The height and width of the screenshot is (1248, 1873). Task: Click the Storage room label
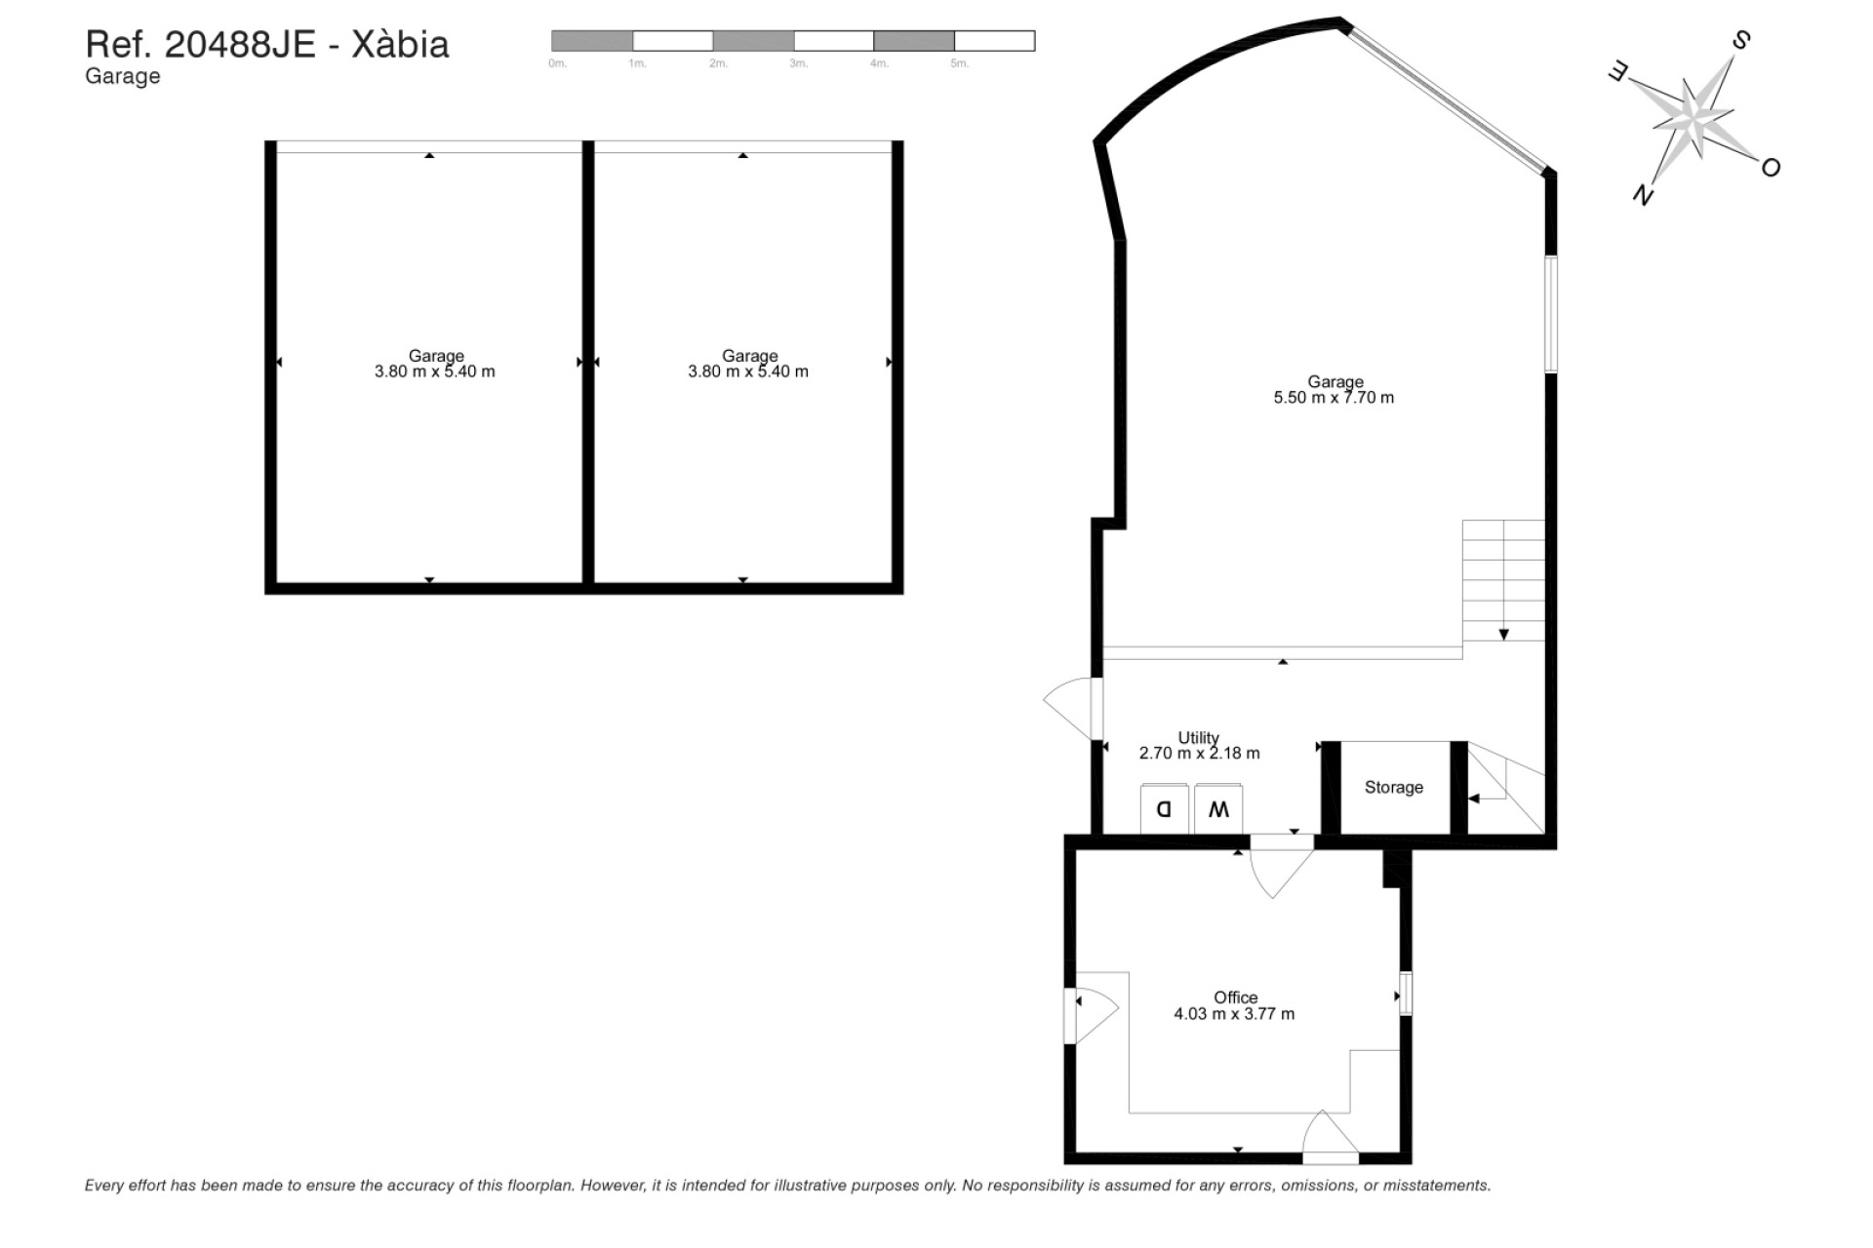pyautogui.click(x=1393, y=788)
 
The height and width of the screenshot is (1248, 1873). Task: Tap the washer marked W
pyautogui.click(x=1218, y=809)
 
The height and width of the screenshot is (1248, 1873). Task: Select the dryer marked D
pyautogui.click(x=1164, y=809)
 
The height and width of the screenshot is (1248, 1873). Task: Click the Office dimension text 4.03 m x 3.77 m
pyautogui.click(x=1234, y=1014)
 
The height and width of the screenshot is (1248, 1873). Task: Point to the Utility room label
pyautogui.click(x=1198, y=738)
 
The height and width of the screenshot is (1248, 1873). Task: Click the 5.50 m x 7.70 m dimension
pyautogui.click(x=1334, y=398)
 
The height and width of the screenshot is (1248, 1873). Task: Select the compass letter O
pyautogui.click(x=1771, y=168)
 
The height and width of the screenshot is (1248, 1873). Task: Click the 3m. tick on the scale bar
pyautogui.click(x=798, y=63)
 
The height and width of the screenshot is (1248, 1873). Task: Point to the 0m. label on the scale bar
pyautogui.click(x=557, y=63)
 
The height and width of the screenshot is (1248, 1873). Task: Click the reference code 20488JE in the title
pyautogui.click(x=240, y=45)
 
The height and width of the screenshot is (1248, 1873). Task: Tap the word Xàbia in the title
pyautogui.click(x=400, y=45)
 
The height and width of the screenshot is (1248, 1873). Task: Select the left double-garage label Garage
pyautogui.click(x=436, y=356)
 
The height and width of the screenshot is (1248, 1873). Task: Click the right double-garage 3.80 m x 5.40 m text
pyautogui.click(x=748, y=371)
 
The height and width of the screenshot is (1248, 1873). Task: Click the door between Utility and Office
pyautogui.click(x=1280, y=868)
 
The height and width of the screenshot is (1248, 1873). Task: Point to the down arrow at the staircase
pyautogui.click(x=1503, y=635)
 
